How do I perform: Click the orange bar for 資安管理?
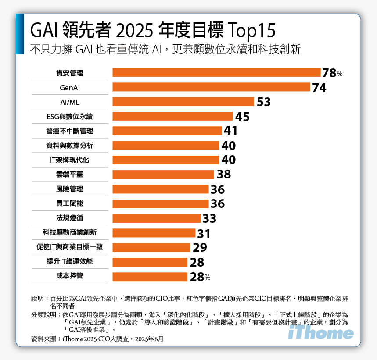pyautogui.click(x=216, y=73)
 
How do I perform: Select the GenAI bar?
pyautogui.click(x=211, y=87)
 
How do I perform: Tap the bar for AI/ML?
pyautogui.click(x=183, y=102)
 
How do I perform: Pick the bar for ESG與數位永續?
pyautogui.click(x=172, y=116)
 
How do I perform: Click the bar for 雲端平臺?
pyautogui.click(x=163, y=175)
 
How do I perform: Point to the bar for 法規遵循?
pyautogui.click(x=156, y=218)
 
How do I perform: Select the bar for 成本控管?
pyautogui.click(x=150, y=276)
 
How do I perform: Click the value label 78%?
pyautogui.click(x=332, y=73)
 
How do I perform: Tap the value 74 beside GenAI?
pyautogui.click(x=319, y=88)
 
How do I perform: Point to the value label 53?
pyautogui.click(x=263, y=102)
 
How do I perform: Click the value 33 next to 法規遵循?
pyautogui.click(x=209, y=218)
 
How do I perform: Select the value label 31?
pyautogui.click(x=204, y=233)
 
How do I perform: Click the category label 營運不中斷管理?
pyautogui.click(x=70, y=131)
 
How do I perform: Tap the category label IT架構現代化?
pyautogui.click(x=70, y=160)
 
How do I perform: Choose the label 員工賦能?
pyautogui.click(x=70, y=203)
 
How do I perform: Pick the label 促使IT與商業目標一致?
pyautogui.click(x=70, y=247)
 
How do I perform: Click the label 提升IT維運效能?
pyautogui.click(x=70, y=261)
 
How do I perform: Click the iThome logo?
pyautogui.click(x=321, y=333)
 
